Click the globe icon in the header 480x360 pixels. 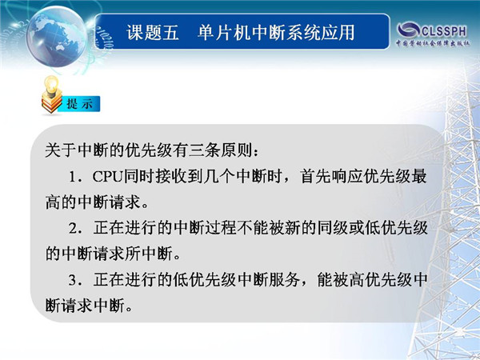click(x=57, y=37)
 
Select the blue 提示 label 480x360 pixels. click(x=80, y=104)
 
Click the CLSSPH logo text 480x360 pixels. click(x=444, y=31)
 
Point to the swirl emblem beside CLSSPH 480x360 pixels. click(x=408, y=30)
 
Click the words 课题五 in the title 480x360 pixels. click(x=153, y=33)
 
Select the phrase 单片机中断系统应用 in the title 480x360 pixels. click(x=276, y=33)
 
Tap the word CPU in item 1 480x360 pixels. click(x=107, y=177)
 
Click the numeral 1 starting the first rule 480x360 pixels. click(x=73, y=177)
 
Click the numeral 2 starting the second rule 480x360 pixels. click(x=73, y=228)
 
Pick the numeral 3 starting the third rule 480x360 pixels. click(x=73, y=280)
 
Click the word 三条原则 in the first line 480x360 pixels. click(x=220, y=150)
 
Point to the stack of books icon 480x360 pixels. click(x=51, y=103)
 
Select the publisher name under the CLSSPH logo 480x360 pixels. click(x=433, y=43)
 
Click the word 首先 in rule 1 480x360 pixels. click(x=315, y=177)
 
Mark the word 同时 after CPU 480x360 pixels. click(x=138, y=177)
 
